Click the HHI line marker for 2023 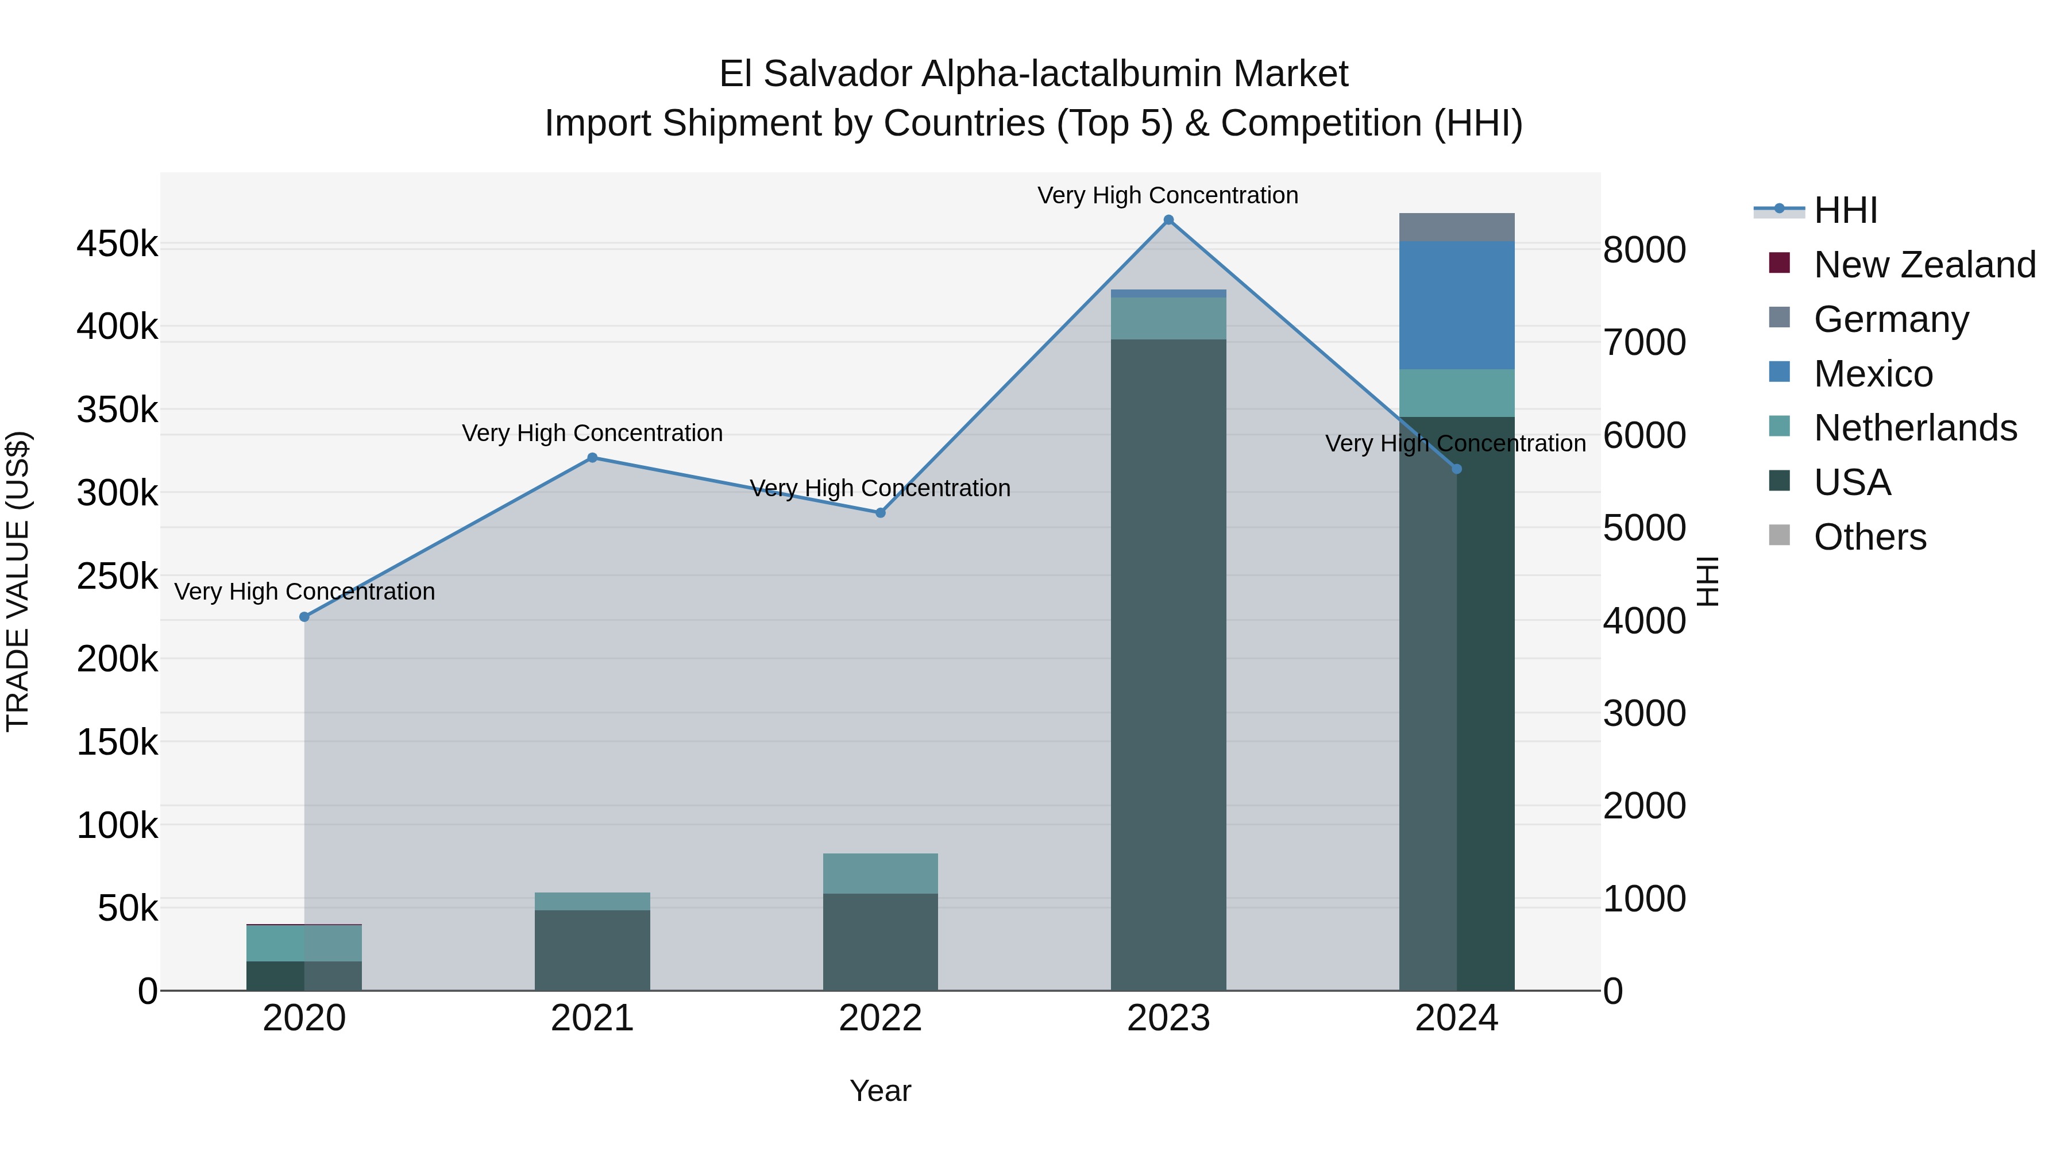pos(1168,220)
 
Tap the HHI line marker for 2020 pos(304,616)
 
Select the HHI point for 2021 pos(592,458)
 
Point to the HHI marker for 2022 pos(880,512)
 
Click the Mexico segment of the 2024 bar pos(1456,305)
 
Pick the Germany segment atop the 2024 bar pos(1456,227)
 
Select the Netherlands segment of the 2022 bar pos(880,873)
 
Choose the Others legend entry pos(1870,537)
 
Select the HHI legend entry pos(1845,210)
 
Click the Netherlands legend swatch pos(1779,426)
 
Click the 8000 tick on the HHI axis pos(1644,250)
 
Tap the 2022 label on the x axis pos(880,1018)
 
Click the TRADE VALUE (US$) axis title pos(18,581)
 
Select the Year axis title pos(880,1091)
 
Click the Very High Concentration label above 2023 pos(1167,195)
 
